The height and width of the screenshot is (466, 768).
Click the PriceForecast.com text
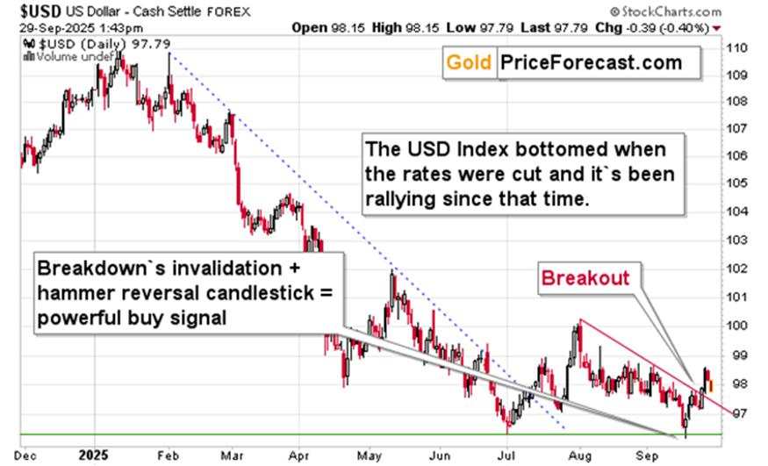(591, 62)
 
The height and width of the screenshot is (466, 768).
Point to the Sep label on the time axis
(647, 455)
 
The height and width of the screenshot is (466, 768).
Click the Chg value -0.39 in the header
(650, 27)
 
